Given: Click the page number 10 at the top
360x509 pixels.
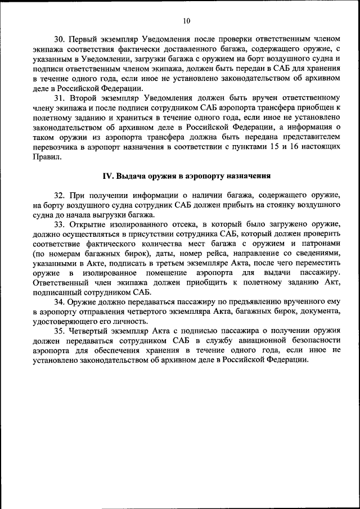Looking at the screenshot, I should [187, 21].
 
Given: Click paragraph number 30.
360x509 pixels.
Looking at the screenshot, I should [60, 39].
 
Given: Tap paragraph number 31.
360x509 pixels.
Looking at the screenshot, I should [60, 97].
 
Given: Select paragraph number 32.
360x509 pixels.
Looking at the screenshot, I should [60, 195].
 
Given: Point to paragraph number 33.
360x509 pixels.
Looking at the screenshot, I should [60, 224].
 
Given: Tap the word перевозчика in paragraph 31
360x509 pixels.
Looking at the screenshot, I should [58, 146].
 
